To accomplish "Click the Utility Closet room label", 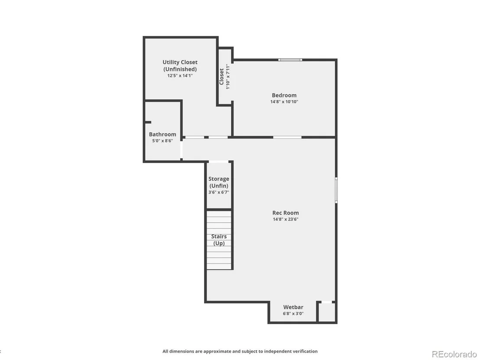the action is [180, 65].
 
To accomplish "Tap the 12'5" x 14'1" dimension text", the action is [180, 75].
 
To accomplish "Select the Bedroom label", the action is [284, 95].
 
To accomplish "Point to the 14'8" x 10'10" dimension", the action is [284, 102].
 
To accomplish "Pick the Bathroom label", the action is [162, 134].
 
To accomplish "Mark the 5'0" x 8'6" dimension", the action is [162, 141].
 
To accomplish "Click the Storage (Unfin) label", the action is [219, 182].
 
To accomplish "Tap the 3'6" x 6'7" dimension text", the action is [219, 192].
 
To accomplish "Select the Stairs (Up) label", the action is [219, 240].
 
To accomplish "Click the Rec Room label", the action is [285, 213].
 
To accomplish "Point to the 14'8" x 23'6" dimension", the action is [285, 219].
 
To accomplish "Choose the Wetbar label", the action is [293, 307].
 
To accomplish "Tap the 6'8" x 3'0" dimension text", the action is [293, 314].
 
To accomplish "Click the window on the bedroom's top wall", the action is [290, 60].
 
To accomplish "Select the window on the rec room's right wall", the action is [336, 190].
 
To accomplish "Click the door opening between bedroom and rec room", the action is [287, 137].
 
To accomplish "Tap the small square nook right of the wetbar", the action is [327, 312].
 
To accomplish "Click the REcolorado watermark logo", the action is [454, 354].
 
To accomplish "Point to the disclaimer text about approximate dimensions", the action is [240, 351].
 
